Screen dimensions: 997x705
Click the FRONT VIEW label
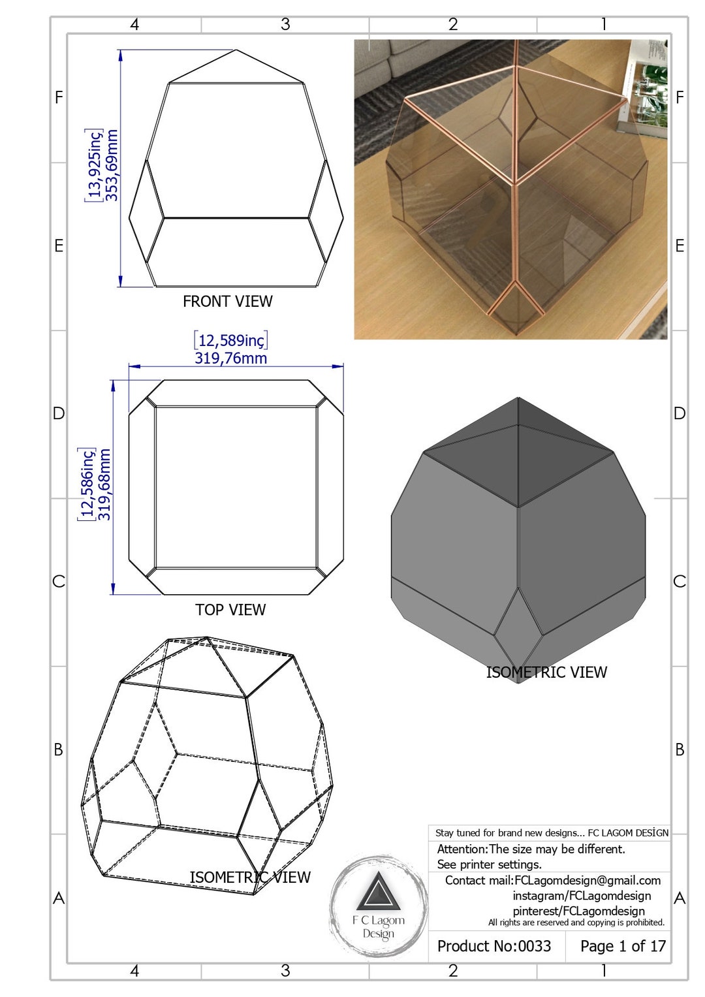227,302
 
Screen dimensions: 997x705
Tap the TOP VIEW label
230,610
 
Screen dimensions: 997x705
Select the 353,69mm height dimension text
112,165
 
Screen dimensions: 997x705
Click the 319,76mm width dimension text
230,358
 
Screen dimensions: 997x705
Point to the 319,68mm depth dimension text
104,484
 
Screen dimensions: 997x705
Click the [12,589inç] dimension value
230,341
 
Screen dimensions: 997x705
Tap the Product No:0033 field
494,946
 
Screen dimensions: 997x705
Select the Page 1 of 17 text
623,946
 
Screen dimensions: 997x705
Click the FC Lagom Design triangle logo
378,892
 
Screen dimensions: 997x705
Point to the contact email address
587,881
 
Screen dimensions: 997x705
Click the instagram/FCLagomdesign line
582,896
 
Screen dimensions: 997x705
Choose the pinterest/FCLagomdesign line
578,911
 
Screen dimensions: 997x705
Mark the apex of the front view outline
236,50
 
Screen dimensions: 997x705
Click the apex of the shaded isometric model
518,398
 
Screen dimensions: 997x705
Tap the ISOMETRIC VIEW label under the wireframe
250,878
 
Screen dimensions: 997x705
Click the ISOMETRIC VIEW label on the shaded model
546,673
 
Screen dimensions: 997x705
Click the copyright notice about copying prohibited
576,923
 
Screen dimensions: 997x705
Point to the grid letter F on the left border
59,98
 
